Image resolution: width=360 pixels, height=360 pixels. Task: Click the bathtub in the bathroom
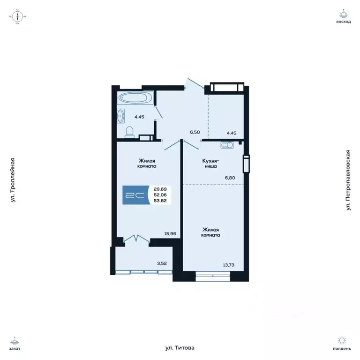click(133, 98)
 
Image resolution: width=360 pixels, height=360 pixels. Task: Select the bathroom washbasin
click(121, 115)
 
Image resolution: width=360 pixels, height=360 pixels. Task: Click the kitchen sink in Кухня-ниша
click(227, 145)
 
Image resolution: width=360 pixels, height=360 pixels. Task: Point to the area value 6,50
click(195, 133)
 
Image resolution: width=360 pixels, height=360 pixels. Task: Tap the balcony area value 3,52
click(161, 263)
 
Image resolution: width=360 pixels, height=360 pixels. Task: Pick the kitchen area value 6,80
click(230, 178)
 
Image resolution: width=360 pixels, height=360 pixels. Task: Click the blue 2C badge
click(133, 195)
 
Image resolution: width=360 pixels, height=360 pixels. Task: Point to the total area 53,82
click(160, 201)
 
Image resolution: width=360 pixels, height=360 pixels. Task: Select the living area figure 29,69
click(160, 189)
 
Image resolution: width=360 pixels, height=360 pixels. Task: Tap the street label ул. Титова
click(180, 348)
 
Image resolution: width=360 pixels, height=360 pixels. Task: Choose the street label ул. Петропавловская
click(348, 180)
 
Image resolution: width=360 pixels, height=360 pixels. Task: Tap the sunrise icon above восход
click(344, 14)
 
